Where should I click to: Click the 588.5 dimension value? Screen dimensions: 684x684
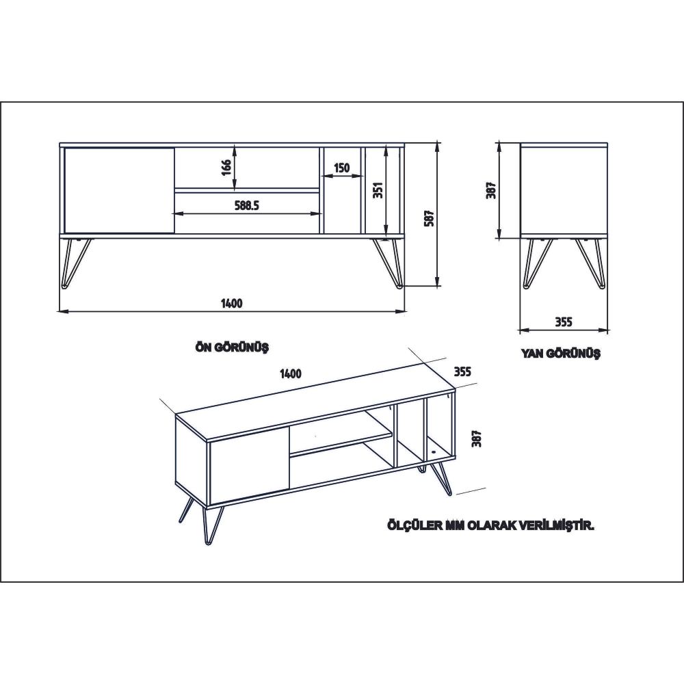(247, 205)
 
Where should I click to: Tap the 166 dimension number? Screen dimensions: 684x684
(226, 168)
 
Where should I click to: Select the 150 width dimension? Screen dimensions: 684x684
(342, 168)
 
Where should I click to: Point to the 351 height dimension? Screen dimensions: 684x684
(378, 190)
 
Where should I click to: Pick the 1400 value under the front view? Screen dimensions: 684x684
(232, 303)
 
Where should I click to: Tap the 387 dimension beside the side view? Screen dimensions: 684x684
(492, 190)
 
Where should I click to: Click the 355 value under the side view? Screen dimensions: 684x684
(563, 322)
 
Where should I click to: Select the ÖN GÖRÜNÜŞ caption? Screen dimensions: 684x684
(232, 347)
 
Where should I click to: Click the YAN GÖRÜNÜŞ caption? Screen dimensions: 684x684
(561, 353)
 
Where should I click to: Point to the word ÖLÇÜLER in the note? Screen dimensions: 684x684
(415, 526)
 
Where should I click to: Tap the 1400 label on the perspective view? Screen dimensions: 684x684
(291, 374)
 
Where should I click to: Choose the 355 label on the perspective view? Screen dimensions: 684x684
(462, 371)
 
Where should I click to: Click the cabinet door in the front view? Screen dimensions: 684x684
(119, 190)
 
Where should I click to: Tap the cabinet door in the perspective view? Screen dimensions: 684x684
(249, 466)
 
